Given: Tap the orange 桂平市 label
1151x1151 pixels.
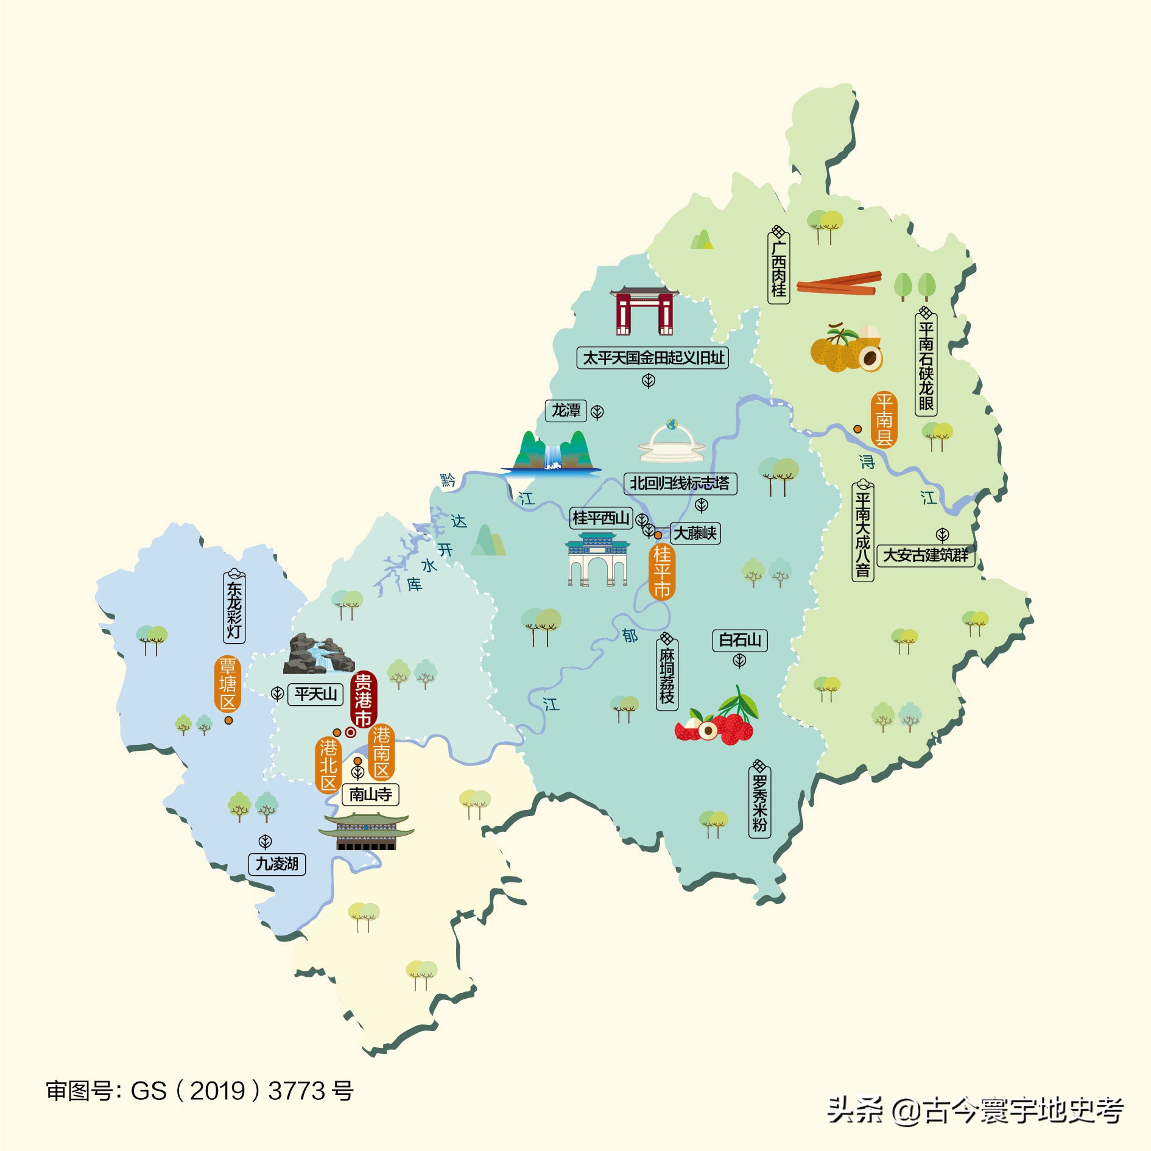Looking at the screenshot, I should (x=662, y=572).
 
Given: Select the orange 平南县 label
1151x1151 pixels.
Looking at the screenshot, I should (x=884, y=420).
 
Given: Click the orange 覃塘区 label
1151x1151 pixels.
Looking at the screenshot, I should (x=228, y=684).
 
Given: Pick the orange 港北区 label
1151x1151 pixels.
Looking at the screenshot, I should (x=328, y=765).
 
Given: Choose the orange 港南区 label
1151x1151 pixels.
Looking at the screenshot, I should (x=382, y=753).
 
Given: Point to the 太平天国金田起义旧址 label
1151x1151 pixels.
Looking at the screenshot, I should (x=652, y=357).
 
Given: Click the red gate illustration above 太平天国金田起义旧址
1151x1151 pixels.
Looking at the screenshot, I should (x=644, y=311).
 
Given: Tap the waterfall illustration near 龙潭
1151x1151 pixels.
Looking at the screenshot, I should (x=552, y=454).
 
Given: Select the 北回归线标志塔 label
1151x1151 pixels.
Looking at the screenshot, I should (x=680, y=484).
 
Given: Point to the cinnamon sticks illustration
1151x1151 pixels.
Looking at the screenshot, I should (x=839, y=283).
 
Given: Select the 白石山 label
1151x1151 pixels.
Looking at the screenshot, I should (x=740, y=640).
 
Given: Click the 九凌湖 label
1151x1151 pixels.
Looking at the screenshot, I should (x=277, y=864).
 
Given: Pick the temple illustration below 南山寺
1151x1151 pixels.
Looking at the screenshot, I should (x=366, y=831).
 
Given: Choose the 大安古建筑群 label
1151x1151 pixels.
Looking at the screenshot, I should (x=926, y=555).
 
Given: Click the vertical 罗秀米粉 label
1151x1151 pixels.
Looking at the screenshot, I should (x=759, y=802).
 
